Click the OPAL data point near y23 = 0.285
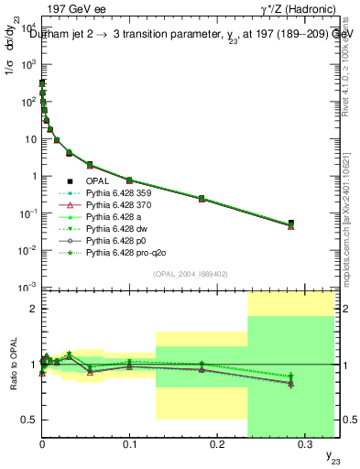290,223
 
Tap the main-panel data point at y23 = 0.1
129,180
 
